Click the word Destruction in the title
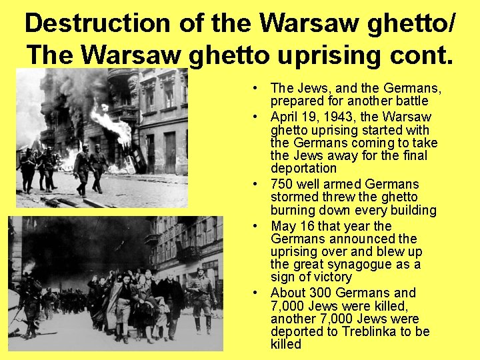click(x=96, y=23)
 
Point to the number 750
click(x=282, y=184)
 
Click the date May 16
click(x=292, y=225)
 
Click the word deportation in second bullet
click(x=303, y=169)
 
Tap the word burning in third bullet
click(x=293, y=211)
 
